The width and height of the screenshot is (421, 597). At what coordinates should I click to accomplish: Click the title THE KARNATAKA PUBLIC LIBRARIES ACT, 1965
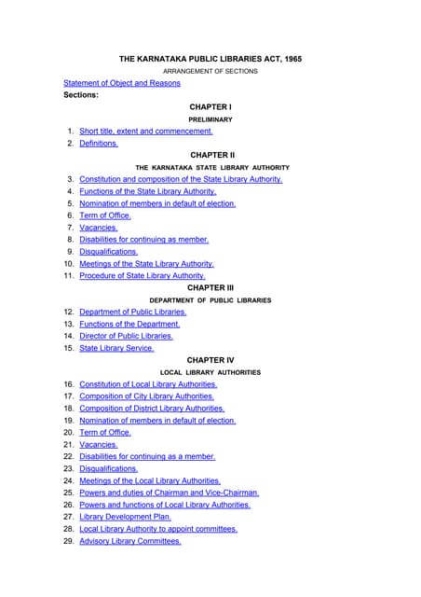210,59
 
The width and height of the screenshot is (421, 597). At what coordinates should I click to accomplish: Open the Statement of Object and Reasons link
122,83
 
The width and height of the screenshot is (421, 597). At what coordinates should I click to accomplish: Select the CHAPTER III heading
210,288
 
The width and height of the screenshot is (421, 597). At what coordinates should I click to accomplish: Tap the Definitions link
99,144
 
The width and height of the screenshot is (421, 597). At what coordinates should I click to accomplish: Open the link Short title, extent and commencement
146,132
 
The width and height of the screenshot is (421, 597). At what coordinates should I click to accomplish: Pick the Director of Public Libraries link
126,336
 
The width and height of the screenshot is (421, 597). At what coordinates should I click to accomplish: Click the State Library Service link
116,348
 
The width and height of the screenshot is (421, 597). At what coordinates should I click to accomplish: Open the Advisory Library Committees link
130,541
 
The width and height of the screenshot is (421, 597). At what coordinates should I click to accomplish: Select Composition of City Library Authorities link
146,396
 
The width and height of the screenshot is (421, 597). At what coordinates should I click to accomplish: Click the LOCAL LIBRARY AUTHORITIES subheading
210,372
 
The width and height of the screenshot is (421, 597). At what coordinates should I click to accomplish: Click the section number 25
69,493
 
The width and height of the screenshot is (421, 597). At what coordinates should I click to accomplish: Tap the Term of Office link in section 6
105,215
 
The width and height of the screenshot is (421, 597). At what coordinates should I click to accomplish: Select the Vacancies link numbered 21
99,445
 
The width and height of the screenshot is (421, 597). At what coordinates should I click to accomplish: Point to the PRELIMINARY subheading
210,119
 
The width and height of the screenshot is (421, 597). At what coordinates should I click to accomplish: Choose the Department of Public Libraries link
133,312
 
